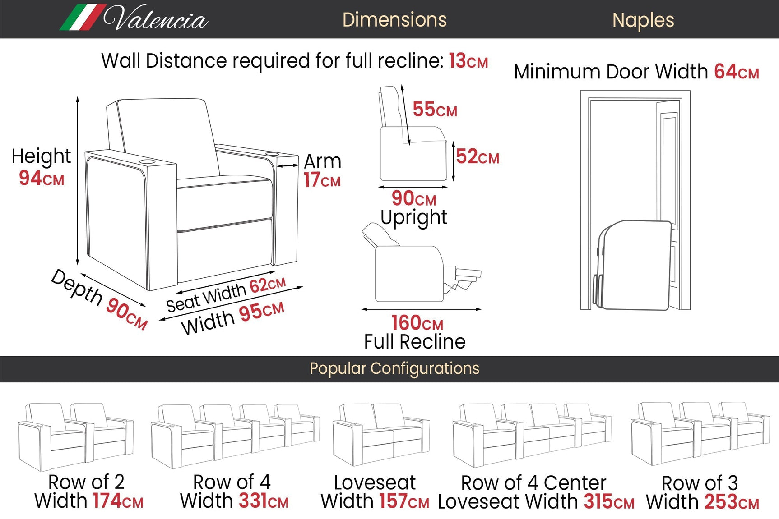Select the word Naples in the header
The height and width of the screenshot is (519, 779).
tap(643, 20)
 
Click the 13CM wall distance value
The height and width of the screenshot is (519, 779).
tap(468, 61)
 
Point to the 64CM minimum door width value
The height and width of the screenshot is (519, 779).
tap(736, 72)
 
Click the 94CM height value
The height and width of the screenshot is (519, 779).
tap(41, 178)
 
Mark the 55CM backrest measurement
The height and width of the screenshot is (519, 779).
tap(435, 110)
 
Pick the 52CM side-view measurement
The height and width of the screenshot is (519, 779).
tap(477, 156)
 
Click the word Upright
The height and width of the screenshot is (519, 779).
tap(413, 217)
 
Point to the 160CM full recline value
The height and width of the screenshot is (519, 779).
tap(417, 323)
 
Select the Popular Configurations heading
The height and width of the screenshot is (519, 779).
tap(394, 368)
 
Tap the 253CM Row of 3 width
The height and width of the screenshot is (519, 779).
tap(731, 502)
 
